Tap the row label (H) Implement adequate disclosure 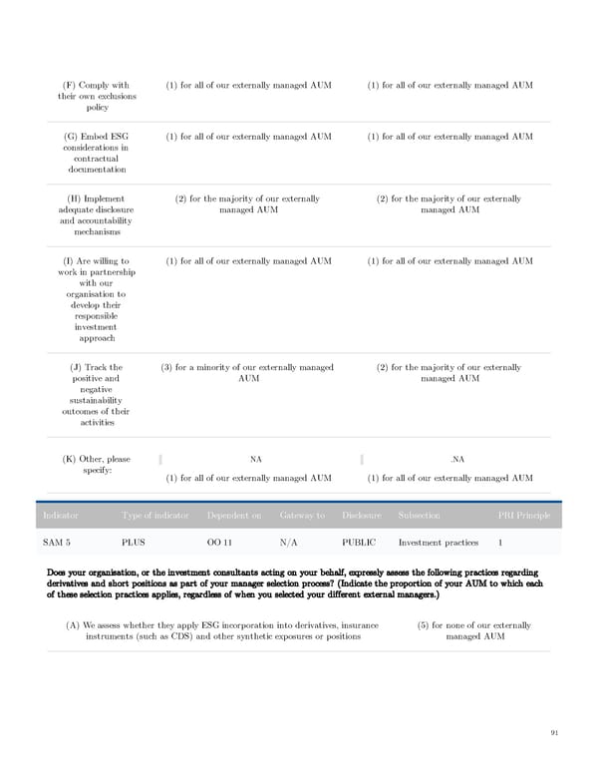coord(98,214)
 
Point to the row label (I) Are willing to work coord(98,299)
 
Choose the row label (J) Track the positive coord(98,394)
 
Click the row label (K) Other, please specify coord(98,464)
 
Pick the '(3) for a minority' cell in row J coord(248,373)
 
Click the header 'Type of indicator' coord(155,515)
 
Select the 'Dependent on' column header coord(234,515)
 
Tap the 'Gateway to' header coord(302,515)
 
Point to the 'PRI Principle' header coord(523,515)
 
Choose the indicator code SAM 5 coord(57,543)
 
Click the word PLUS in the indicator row coord(133,543)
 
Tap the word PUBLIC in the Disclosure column coord(359,543)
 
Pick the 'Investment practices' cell coord(439,543)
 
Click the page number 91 coord(554,733)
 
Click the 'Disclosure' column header coord(361,515)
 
